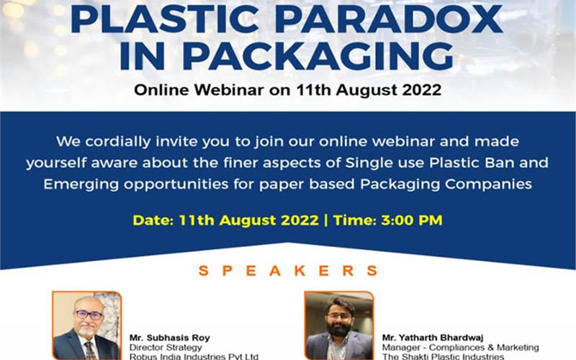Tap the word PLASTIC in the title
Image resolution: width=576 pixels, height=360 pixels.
161,19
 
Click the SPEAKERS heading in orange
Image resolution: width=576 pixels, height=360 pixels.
287,271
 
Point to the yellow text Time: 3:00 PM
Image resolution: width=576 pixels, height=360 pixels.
387,220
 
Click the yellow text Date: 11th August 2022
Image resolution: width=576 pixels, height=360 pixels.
225,220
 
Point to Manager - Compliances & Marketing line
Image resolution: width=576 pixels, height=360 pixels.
461,346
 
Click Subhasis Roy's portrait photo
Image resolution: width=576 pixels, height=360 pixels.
86,325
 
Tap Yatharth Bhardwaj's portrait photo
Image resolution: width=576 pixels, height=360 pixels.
338,325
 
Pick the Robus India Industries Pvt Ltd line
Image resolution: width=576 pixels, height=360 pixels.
194,356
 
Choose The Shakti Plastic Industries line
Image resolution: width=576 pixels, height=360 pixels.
444,356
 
